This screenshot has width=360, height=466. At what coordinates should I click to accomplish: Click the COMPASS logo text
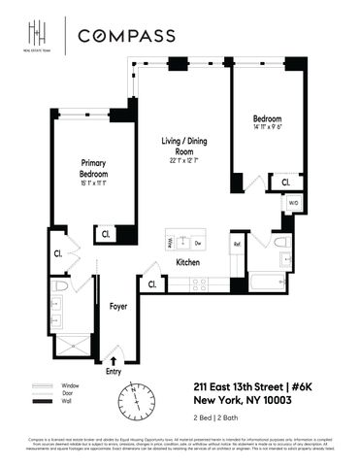coord(126,36)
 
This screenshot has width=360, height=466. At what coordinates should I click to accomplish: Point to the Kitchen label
coord(187,262)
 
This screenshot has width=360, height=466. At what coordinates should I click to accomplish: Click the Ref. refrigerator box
coord(237,245)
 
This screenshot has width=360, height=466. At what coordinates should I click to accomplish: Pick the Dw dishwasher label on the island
coord(198,241)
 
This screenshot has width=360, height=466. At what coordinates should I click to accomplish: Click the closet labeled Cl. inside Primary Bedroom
coord(104,234)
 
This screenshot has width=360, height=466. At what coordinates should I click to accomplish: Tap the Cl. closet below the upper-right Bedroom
coord(285,182)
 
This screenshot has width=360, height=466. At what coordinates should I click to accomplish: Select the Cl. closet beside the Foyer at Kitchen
coord(151,284)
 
